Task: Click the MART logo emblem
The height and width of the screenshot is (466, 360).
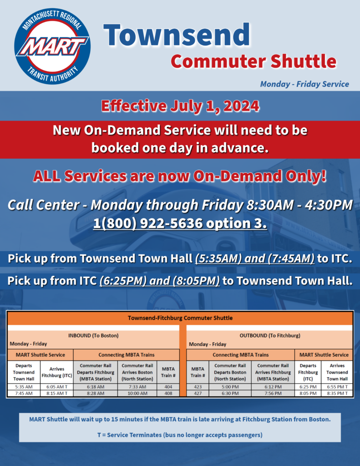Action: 52,46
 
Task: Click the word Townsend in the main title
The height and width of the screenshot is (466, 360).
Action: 177,35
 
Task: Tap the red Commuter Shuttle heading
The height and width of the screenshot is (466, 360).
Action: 254,61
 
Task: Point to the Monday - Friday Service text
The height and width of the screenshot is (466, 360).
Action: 304,84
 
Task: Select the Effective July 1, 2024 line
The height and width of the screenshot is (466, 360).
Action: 180,106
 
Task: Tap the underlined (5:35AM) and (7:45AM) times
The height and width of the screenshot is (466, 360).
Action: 255,258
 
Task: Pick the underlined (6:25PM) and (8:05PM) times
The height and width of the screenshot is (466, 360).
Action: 160,281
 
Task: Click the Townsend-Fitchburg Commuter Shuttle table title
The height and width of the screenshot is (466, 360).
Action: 180,318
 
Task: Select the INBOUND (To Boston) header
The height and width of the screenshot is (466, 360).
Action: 93,335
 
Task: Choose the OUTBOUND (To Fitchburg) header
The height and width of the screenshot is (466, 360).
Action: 270,335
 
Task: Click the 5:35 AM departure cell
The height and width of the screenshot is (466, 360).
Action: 24,387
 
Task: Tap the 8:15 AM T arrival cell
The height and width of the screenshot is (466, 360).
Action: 57,393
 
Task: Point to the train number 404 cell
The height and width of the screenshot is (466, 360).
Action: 168,387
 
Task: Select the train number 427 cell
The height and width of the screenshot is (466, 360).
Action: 198,393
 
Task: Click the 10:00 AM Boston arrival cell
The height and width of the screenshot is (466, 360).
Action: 137,393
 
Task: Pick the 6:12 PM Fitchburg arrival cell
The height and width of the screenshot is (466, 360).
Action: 273,387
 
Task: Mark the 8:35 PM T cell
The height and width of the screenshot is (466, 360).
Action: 337,393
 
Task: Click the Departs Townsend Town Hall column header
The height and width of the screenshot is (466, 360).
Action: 24,372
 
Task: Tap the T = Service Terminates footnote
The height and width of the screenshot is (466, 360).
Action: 180,435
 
